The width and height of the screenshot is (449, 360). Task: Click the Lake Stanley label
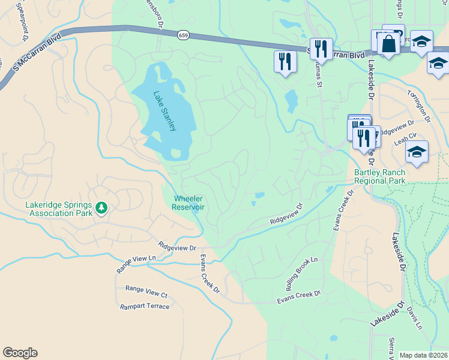(164, 112)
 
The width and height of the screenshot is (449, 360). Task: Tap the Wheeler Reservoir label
(188, 203)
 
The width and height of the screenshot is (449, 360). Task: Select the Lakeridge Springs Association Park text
(59, 208)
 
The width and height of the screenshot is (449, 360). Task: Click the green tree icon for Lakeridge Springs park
(101, 208)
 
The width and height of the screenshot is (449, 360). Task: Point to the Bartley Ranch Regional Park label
(379, 176)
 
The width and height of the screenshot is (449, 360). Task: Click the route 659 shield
(182, 36)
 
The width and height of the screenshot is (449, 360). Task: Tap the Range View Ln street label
(136, 265)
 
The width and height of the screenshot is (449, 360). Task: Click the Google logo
(20, 353)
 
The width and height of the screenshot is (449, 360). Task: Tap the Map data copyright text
(423, 355)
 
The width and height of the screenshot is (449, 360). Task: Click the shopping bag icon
(388, 43)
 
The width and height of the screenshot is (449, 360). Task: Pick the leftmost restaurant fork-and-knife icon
(285, 61)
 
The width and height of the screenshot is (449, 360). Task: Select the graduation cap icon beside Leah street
(417, 153)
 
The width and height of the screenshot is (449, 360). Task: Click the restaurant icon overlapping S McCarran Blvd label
(321, 49)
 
